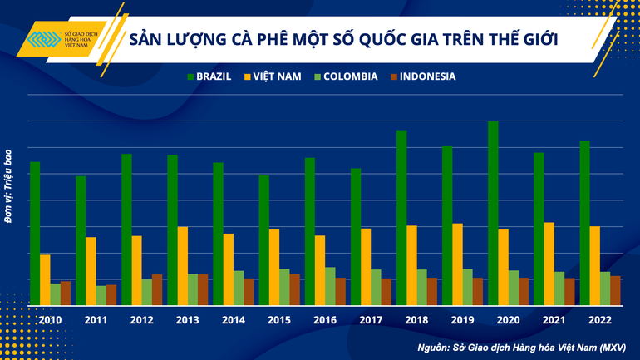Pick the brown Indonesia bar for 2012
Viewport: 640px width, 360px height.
[x=157, y=289]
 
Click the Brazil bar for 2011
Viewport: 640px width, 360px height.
[x=81, y=240]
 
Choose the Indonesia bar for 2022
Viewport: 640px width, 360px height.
[x=615, y=290]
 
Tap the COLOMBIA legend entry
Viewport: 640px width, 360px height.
[x=345, y=76]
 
